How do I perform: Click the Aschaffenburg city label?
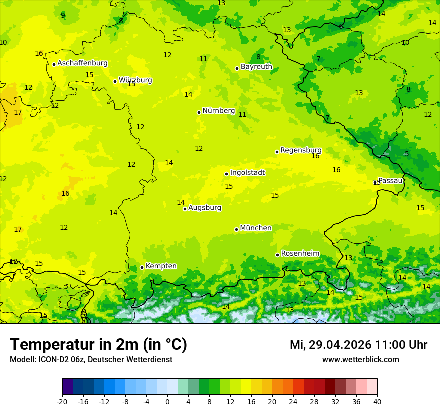(x=82, y=63)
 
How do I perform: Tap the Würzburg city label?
(x=135, y=80)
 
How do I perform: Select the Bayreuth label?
(x=256, y=67)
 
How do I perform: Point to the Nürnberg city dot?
(x=199, y=112)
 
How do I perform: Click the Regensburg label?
(x=301, y=150)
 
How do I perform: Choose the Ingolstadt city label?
(x=247, y=173)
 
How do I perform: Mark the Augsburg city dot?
(x=185, y=209)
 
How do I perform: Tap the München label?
(x=256, y=228)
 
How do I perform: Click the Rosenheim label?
(x=300, y=254)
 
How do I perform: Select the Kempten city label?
(x=161, y=266)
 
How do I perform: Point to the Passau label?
(x=390, y=181)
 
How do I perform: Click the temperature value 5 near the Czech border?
(x=407, y=154)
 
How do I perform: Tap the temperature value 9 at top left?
(x=63, y=15)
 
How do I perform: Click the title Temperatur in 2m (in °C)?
(x=98, y=345)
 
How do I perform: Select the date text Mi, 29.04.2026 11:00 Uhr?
(x=358, y=345)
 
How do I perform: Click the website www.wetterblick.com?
(x=360, y=360)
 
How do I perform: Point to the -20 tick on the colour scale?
(x=62, y=401)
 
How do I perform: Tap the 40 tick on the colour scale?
(x=377, y=401)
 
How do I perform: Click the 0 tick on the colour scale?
(x=167, y=401)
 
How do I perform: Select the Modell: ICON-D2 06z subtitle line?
(x=91, y=360)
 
